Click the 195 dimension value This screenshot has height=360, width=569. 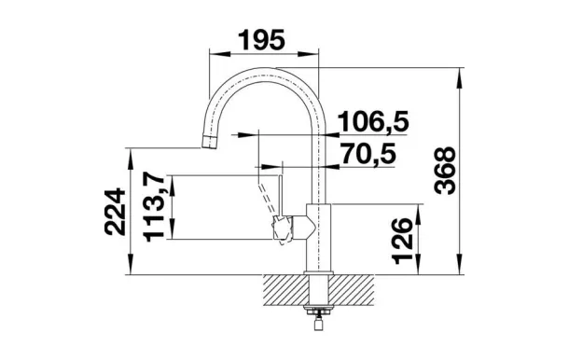261,40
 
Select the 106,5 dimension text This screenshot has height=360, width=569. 373,121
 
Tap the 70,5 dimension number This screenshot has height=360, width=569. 368,154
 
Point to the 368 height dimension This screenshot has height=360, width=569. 445,171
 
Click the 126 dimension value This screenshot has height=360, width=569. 403,241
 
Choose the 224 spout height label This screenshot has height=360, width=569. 115,212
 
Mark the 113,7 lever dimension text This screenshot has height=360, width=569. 154,207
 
